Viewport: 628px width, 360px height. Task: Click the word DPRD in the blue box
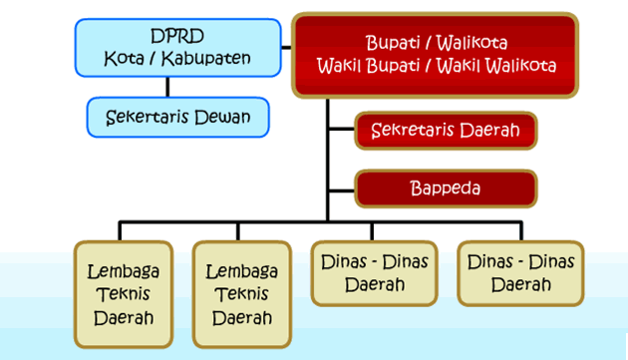click(x=177, y=36)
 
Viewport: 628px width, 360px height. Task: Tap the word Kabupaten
click(x=206, y=59)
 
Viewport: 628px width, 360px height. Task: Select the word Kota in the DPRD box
click(x=124, y=59)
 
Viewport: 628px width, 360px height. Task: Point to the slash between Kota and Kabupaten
click(x=153, y=59)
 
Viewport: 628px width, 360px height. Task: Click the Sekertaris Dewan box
click(x=177, y=117)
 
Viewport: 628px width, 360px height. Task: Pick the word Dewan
click(x=222, y=117)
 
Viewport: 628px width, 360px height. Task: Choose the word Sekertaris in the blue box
click(x=148, y=117)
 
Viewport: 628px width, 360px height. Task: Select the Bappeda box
click(x=446, y=188)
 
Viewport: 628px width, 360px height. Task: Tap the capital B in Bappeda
click(x=416, y=188)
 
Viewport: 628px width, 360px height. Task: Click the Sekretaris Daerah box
click(x=446, y=131)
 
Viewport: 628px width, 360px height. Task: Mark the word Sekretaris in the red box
click(x=413, y=131)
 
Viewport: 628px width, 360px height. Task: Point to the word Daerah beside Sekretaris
click(x=489, y=131)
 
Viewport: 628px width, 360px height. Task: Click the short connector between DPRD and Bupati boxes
click(x=286, y=48)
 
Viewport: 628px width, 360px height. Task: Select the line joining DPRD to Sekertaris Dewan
click(x=167, y=87)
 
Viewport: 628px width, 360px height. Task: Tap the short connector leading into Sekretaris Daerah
click(x=342, y=129)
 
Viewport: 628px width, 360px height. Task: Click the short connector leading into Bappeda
click(x=342, y=190)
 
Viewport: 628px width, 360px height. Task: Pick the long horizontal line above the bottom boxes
click(x=320, y=221)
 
